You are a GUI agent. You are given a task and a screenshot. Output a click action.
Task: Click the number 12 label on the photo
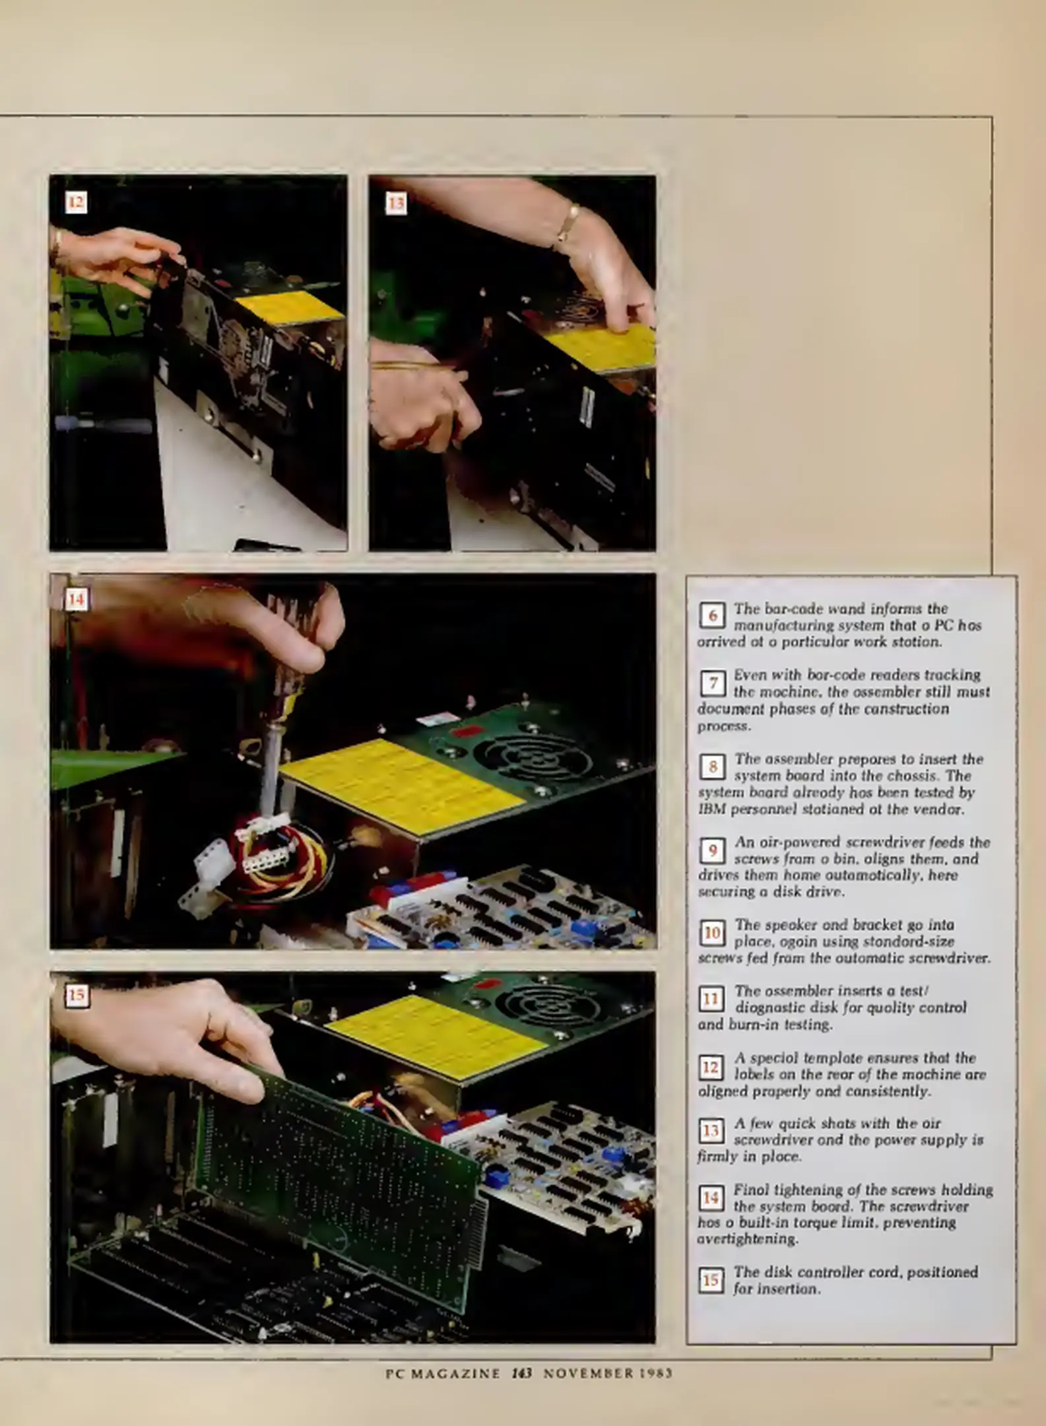pos(76,202)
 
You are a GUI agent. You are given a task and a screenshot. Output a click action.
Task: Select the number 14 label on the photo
pos(76,599)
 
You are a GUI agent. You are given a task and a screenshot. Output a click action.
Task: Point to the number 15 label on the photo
pos(77,996)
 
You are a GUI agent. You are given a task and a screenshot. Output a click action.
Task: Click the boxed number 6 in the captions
pos(713,615)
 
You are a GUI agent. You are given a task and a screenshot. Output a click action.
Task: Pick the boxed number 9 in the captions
pos(713,851)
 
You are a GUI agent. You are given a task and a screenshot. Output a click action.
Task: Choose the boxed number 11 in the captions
pos(711,1000)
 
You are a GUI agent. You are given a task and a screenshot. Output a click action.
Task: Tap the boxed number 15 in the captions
pos(711,1281)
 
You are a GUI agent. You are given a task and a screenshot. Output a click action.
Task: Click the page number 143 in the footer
pos(521,1374)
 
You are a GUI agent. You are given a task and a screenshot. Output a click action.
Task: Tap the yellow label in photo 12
pos(290,306)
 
